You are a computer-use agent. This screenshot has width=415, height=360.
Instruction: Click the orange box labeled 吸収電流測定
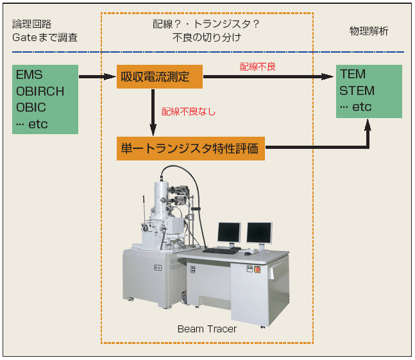pyautogui.click(x=159, y=76)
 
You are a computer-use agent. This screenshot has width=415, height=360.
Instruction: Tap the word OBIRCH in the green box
pyautogui.click(x=40, y=91)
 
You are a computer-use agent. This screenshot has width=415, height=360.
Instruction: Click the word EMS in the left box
pyautogui.click(x=30, y=75)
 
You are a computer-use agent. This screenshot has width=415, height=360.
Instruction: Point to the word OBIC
pyautogui.click(x=31, y=107)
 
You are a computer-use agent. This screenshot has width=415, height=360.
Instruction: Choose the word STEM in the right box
pyautogui.click(x=357, y=90)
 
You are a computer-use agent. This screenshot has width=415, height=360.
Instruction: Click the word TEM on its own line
pyautogui.click(x=353, y=74)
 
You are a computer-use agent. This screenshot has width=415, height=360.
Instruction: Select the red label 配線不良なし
pyautogui.click(x=188, y=112)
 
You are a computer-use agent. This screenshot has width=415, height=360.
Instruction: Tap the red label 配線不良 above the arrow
pyautogui.click(x=258, y=66)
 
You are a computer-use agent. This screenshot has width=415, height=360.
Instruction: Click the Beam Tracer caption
pyautogui.click(x=207, y=329)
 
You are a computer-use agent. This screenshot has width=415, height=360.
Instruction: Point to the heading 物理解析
pyautogui.click(x=368, y=31)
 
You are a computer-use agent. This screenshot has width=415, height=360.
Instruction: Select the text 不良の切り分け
pyautogui.click(x=207, y=37)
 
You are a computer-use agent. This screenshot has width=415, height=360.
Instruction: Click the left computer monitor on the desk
pyautogui.click(x=229, y=232)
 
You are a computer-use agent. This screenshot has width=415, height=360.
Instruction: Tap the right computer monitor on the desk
pyautogui.click(x=259, y=232)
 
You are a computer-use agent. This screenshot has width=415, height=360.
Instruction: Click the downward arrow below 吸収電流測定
pyautogui.click(x=154, y=109)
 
